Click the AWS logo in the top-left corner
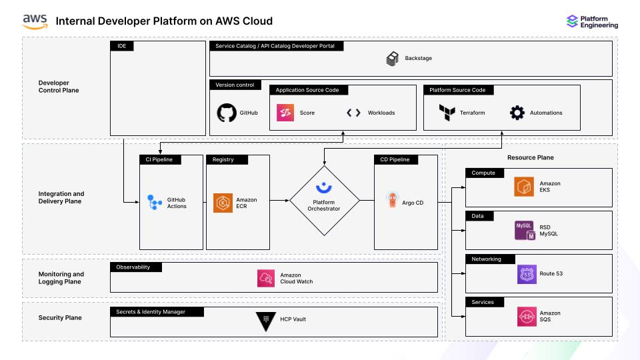[x=35, y=21]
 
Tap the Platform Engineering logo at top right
[x=572, y=21]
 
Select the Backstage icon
[x=393, y=59]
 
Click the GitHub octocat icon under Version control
[x=227, y=113]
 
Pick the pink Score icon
[x=285, y=113]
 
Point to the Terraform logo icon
[x=447, y=113]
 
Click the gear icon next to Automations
[x=517, y=113]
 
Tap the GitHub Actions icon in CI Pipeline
[x=155, y=202]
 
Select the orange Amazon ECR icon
[x=223, y=203]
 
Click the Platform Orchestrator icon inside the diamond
[x=324, y=187]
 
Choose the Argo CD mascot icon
[x=393, y=200]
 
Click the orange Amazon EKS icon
[x=523, y=187]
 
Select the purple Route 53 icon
[x=526, y=273]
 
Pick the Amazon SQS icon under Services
[x=526, y=317]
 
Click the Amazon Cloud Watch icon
[x=267, y=278]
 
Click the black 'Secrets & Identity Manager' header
[x=157, y=311]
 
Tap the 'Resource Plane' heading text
[x=530, y=158]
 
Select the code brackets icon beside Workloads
[x=353, y=113]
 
